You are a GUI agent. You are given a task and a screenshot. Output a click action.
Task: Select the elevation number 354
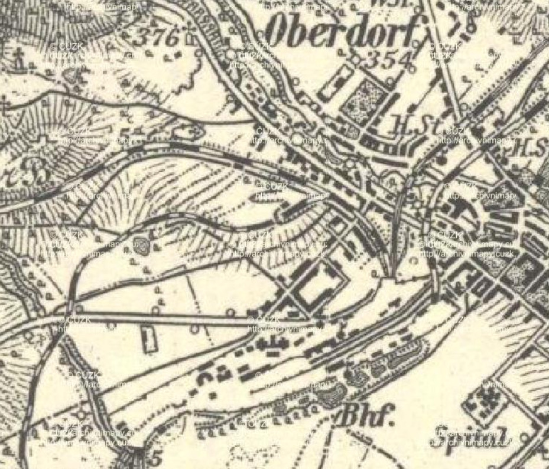388,60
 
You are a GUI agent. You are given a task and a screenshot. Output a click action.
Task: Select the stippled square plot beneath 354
365,100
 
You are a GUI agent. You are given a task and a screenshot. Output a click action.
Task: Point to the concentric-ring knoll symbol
141,246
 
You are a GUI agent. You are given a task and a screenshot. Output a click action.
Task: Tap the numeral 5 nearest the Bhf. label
155,458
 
